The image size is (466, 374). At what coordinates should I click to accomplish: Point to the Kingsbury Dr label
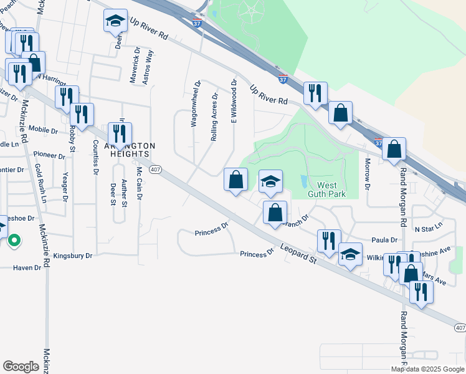tap(72, 256)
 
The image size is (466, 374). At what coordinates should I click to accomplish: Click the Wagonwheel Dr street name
tap(194, 103)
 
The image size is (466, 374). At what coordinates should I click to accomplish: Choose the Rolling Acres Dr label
tap(214, 117)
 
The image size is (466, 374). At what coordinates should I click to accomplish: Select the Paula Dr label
tap(384, 240)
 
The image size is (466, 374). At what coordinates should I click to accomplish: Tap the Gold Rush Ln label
tap(41, 183)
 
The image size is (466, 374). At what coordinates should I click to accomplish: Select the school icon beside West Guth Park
tap(270, 181)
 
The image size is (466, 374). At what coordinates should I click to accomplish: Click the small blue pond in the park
tap(303, 181)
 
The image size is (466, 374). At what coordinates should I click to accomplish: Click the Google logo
tap(21, 367)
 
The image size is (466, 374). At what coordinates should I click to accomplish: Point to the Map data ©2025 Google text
tap(427, 369)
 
